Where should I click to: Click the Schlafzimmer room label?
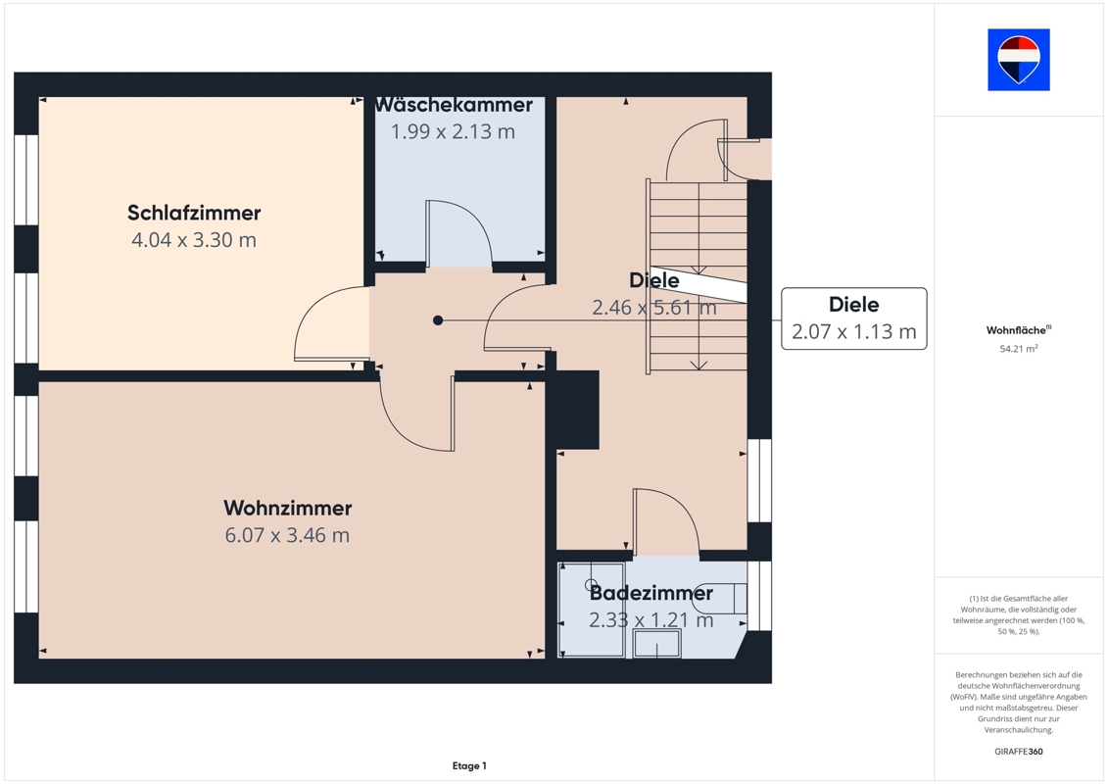coord(194,213)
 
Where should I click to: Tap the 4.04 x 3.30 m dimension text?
coord(194,240)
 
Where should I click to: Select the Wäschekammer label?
coord(454,105)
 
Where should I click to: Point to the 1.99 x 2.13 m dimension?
coord(453,131)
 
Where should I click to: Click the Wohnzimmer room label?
coord(288,509)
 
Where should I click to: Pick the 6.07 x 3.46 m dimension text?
coord(288,535)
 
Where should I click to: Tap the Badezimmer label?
coord(651,593)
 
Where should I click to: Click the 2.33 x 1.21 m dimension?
coord(651,620)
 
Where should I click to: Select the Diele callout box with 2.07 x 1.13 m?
coord(853,318)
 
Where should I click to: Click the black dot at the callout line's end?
coord(438,320)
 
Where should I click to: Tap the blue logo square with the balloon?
coord(1018,60)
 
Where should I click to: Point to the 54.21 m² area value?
coord(1018,349)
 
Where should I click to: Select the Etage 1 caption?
coord(469,765)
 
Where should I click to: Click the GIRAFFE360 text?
coord(1018,752)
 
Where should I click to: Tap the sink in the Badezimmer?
coord(657,643)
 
